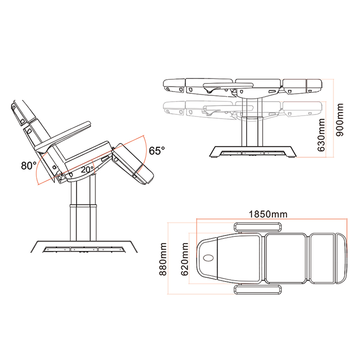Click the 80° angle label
[29, 165]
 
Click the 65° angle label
[157, 151]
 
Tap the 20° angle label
[87, 170]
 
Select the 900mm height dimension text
[340, 120]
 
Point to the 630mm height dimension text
[321, 135]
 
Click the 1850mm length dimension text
[268, 214]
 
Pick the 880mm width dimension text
[163, 259]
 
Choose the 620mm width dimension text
[185, 259]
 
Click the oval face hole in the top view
[209, 258]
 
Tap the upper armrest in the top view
[258, 227]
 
